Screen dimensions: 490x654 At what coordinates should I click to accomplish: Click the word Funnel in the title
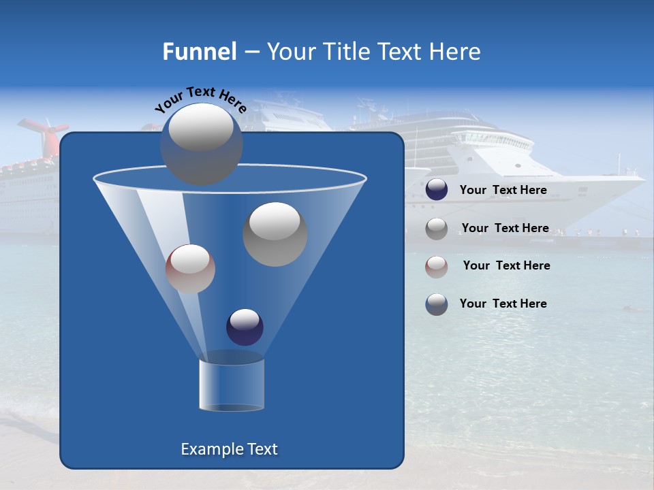click(199, 52)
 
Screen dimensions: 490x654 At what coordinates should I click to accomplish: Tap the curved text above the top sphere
click(200, 99)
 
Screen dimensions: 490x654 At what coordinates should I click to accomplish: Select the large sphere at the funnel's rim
click(201, 144)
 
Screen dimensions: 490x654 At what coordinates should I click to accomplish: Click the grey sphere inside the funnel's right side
click(275, 234)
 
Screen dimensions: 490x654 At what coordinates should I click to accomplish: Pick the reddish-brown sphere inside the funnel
click(190, 269)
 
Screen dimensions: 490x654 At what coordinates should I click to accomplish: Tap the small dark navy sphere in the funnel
click(245, 327)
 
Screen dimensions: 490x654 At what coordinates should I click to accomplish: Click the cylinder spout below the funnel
click(232, 385)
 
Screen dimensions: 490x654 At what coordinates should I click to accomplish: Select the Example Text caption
click(229, 449)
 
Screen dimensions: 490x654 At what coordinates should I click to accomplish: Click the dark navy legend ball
click(437, 190)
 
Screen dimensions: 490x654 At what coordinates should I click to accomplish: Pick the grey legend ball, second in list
click(437, 229)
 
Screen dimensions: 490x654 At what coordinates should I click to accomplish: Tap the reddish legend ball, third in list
click(437, 266)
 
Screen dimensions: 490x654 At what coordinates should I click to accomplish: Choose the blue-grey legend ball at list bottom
click(437, 304)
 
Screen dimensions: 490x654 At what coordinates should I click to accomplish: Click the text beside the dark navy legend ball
click(503, 191)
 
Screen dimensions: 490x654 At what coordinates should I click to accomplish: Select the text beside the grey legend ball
click(505, 228)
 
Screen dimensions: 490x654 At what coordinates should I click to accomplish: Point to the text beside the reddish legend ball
click(506, 265)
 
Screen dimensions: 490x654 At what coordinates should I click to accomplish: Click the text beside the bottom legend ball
click(503, 304)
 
